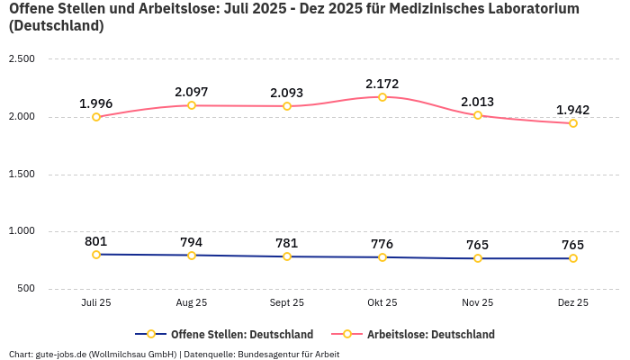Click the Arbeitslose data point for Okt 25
point(382,97)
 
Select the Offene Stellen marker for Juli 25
point(96,255)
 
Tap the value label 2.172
point(382,84)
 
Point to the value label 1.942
point(573,110)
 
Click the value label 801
point(96,241)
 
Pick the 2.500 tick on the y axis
point(21,59)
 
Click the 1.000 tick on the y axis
point(21,231)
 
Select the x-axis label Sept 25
point(287,303)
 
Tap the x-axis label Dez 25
point(573,303)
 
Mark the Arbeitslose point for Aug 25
point(192,105)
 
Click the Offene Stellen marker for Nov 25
point(478,258)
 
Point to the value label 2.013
point(478,102)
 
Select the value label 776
point(382,244)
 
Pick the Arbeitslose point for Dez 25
point(573,123)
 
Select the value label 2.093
point(287,93)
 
